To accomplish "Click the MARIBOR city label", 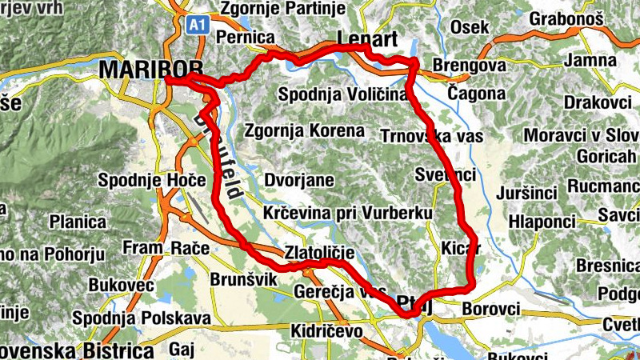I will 150,70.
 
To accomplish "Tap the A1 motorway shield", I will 198,25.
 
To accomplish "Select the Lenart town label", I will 368,39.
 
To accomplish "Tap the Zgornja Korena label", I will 304,130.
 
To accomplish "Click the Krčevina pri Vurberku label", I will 347,214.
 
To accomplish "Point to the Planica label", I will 78,222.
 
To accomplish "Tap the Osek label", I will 470,28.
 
